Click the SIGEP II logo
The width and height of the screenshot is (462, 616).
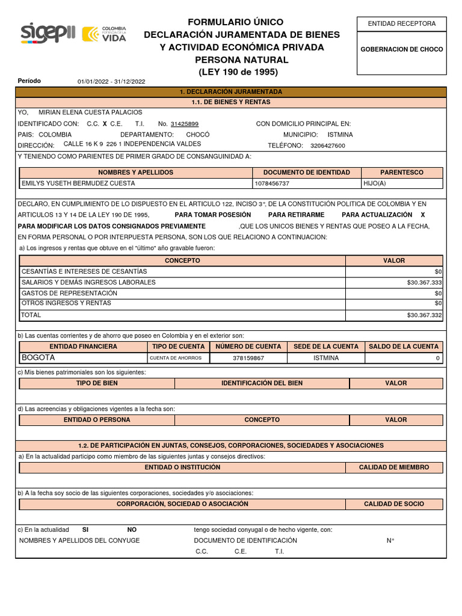(x=48, y=34)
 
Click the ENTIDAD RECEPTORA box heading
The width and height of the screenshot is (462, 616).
(x=401, y=23)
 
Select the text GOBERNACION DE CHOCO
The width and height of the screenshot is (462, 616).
(x=401, y=49)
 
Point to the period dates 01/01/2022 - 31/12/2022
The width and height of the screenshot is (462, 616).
(x=111, y=82)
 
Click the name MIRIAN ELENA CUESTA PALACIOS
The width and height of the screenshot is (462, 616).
(x=90, y=112)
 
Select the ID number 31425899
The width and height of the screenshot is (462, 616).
(x=184, y=124)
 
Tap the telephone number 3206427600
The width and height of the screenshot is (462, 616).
(x=328, y=146)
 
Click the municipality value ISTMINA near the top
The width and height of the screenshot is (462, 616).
(x=340, y=135)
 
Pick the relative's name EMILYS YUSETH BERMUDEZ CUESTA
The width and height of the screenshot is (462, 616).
(x=78, y=183)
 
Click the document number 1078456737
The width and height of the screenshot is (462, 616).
(x=272, y=183)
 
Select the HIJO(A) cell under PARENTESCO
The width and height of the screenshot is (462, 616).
(x=375, y=183)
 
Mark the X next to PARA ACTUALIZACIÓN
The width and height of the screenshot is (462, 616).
(x=422, y=215)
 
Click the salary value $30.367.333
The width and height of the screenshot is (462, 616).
(x=424, y=282)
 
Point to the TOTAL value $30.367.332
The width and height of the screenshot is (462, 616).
(x=424, y=315)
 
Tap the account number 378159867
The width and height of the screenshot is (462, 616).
(x=248, y=358)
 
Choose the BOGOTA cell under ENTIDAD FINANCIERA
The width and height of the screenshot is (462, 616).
(x=38, y=357)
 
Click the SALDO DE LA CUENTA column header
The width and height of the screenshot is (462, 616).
(x=403, y=346)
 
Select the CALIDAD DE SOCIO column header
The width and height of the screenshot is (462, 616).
(x=393, y=504)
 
